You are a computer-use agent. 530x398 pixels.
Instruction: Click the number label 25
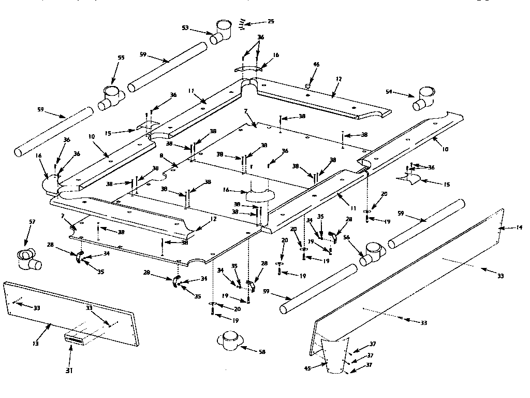tap(271, 21)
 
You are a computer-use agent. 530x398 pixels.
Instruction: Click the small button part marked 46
tap(308, 83)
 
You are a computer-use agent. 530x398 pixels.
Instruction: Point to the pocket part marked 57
tap(27, 258)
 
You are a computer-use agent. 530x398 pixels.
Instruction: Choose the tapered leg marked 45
tap(336, 357)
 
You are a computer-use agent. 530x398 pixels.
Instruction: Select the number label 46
tap(317, 65)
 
